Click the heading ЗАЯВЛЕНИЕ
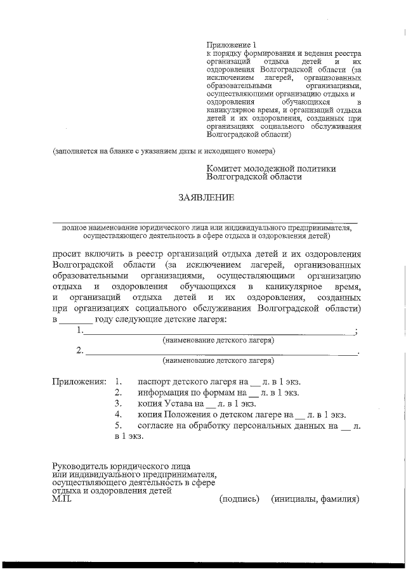206,198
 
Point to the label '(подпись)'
239,499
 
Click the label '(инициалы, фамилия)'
315,499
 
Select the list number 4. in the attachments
118,414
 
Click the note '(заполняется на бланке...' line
164,152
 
